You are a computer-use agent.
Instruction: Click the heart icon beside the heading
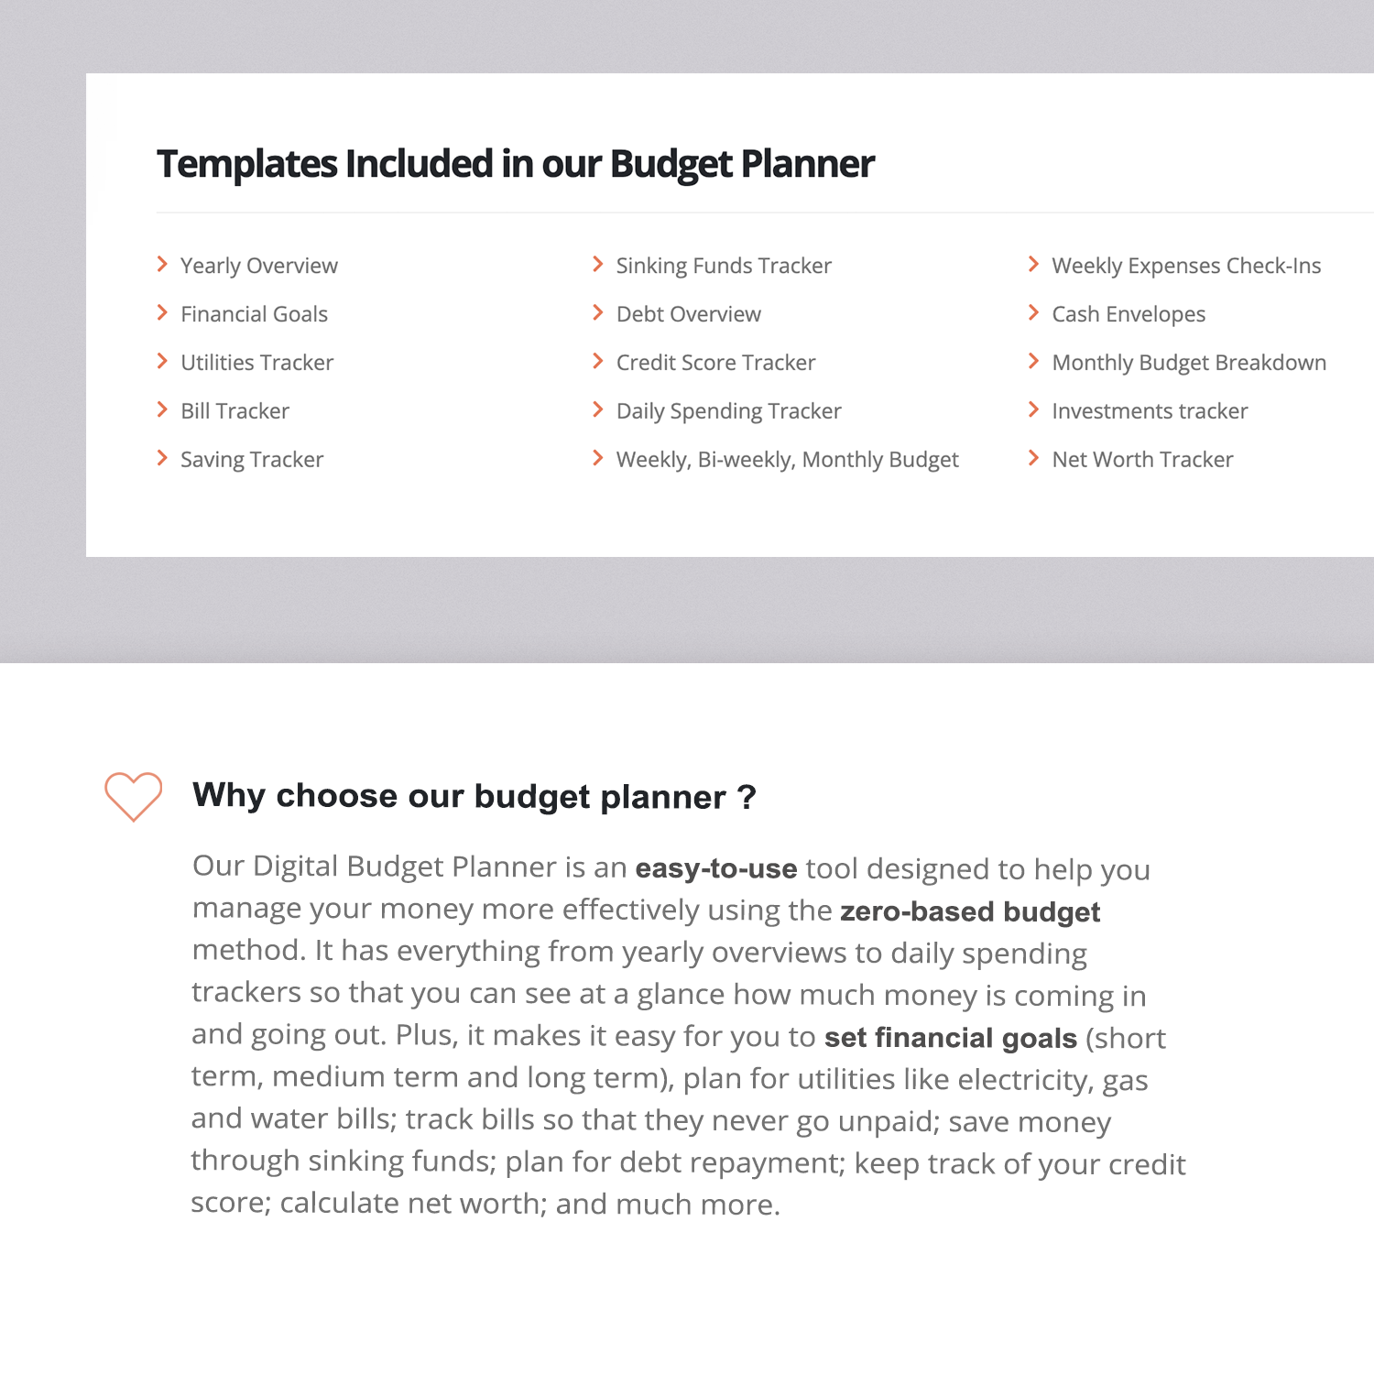[133, 795]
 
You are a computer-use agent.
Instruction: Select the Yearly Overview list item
[258, 266]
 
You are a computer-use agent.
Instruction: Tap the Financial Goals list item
[254, 314]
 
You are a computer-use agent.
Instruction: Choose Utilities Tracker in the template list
[256, 363]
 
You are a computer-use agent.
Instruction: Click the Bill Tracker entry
[234, 411]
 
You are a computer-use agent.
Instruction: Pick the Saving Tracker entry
[252, 460]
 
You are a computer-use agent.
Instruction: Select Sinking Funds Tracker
[724, 266]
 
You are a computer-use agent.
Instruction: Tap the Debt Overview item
[688, 314]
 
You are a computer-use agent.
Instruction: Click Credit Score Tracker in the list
[715, 363]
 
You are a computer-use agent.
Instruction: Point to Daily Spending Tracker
[728, 411]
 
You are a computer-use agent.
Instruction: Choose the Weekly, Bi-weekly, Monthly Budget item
[787, 460]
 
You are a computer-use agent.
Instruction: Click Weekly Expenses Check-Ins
[1186, 266]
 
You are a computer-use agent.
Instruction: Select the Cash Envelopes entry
[1129, 314]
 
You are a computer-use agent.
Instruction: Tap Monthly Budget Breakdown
[1189, 363]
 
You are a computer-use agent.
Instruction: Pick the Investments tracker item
[1150, 411]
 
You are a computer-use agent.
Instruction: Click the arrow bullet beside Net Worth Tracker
[1033, 458]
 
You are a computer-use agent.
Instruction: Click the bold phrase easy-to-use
[716, 868]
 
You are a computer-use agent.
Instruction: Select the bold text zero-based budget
[970, 912]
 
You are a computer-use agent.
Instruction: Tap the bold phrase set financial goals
[950, 1038]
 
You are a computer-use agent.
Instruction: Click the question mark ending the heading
[747, 797]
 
